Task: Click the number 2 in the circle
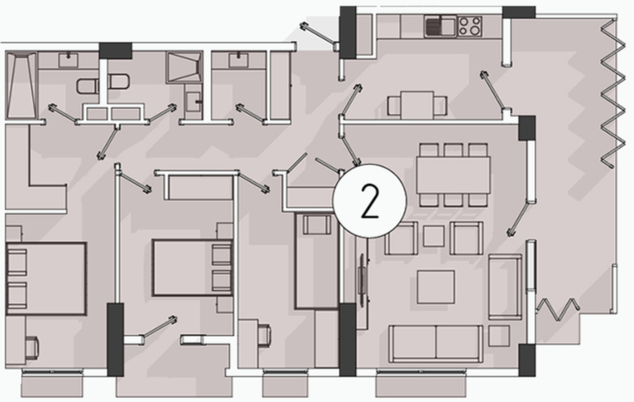pos(369,201)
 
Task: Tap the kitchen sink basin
pos(440,27)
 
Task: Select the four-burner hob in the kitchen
pos(469,27)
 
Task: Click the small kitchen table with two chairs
pos(418,105)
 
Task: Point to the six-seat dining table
pos(453,175)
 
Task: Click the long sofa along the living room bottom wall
pos(436,344)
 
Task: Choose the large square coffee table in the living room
pos(435,287)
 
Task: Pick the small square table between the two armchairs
pos(434,236)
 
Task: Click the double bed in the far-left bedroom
pos(46,279)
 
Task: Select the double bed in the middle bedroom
pos(192,268)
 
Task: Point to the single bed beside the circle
pos(316,261)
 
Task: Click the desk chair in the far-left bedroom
pos(32,348)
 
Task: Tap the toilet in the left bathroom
pos(88,87)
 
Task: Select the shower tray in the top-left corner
pos(21,85)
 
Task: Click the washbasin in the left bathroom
pos(68,59)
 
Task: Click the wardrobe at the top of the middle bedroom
pos(200,187)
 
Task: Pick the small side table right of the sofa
pos(499,336)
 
